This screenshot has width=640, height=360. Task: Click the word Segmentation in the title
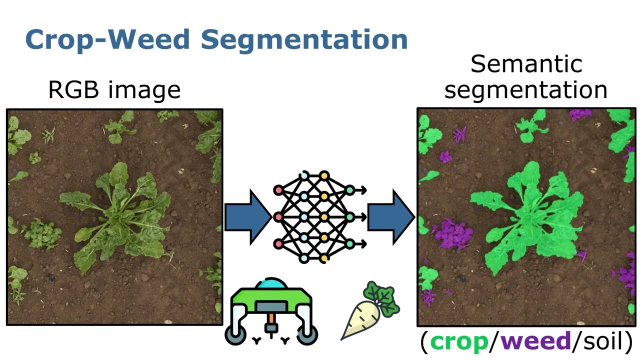[304, 40]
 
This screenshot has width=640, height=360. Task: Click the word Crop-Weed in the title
[107, 39]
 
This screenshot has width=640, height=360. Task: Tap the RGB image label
[114, 90]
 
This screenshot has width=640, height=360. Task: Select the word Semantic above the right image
[526, 64]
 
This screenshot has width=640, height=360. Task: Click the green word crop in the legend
[459, 342]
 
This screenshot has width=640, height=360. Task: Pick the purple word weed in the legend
[536, 341]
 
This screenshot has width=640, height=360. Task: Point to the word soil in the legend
[603, 341]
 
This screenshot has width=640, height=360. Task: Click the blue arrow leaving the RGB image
[248, 217]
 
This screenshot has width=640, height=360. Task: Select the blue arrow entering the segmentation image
[391, 217]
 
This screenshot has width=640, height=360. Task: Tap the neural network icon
[319, 217]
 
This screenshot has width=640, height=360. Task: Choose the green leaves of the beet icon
[381, 298]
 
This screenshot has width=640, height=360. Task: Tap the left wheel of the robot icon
[235, 335]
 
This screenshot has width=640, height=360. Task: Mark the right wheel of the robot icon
[307, 335]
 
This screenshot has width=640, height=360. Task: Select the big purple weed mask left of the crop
[453, 233]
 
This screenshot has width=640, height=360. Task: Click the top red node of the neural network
[278, 190]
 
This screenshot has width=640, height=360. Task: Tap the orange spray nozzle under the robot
[271, 318]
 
